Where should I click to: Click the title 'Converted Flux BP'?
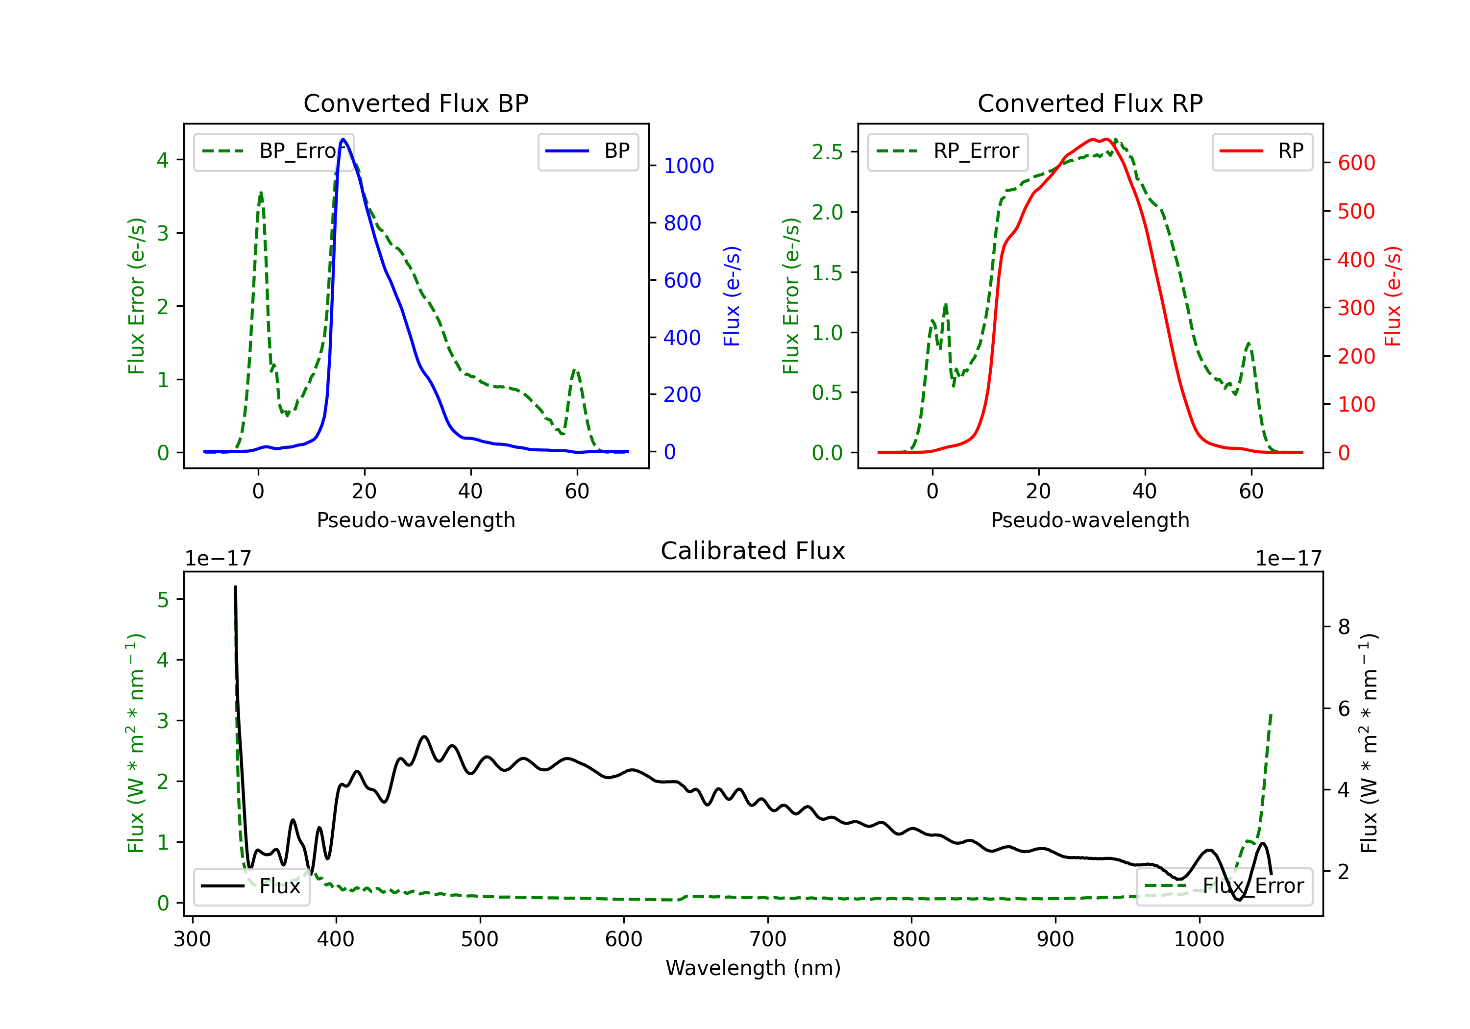(x=416, y=103)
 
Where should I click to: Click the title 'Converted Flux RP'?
(x=1090, y=103)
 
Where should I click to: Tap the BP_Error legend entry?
(x=274, y=151)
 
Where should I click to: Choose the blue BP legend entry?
(x=588, y=151)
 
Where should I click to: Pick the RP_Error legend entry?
(x=948, y=151)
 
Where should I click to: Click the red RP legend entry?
(x=1262, y=151)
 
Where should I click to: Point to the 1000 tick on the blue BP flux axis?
(x=688, y=166)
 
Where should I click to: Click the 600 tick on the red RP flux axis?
(x=1356, y=163)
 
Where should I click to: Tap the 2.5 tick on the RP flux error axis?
(x=827, y=152)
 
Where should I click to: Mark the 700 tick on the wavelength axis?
(x=767, y=939)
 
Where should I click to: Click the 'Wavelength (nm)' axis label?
(x=753, y=968)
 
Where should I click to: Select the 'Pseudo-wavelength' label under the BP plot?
(x=416, y=520)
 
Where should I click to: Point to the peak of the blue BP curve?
(x=343, y=139)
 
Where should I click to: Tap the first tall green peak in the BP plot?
(x=261, y=192)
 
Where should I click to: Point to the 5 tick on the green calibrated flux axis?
(x=163, y=599)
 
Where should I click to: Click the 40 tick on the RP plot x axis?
(x=1144, y=491)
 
